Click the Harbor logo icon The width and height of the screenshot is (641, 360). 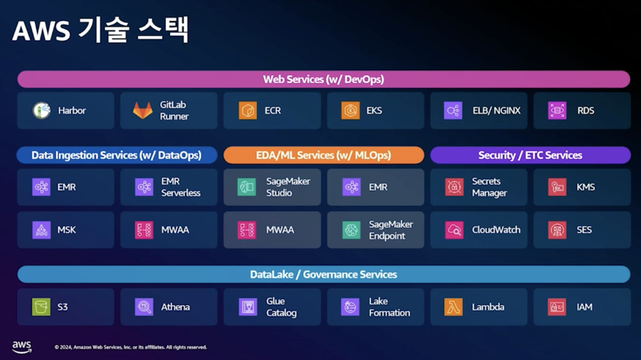tap(41, 110)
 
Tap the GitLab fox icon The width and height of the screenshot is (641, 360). tap(143, 110)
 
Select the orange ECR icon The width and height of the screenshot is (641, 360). tap(247, 110)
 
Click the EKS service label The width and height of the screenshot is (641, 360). tap(374, 110)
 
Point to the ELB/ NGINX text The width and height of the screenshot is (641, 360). tap(496, 110)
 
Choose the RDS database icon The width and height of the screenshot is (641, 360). tap(557, 110)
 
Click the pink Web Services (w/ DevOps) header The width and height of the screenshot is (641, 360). tap(323, 79)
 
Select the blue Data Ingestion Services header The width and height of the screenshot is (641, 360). tap(116, 155)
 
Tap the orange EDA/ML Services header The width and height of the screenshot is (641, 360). tap(323, 155)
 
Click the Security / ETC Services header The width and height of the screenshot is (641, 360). tap(530, 155)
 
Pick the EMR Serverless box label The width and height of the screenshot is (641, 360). tap(181, 187)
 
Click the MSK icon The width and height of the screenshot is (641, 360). tap(41, 230)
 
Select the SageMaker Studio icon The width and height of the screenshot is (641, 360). tap(247, 187)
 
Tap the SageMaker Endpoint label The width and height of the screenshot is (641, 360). tap(391, 230)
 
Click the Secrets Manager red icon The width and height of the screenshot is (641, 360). tap(454, 187)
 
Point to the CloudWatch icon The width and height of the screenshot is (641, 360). tap(454, 230)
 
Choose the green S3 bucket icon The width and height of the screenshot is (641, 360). tap(41, 307)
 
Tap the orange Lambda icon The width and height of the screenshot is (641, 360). tap(454, 307)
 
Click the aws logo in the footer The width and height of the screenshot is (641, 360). tap(22, 346)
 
